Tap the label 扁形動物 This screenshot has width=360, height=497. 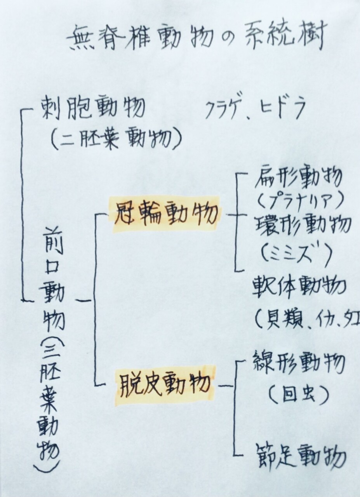298,179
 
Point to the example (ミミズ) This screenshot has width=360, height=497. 296,253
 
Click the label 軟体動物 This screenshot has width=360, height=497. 299,288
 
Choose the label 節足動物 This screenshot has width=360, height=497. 300,457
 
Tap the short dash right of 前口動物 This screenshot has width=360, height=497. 83,301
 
